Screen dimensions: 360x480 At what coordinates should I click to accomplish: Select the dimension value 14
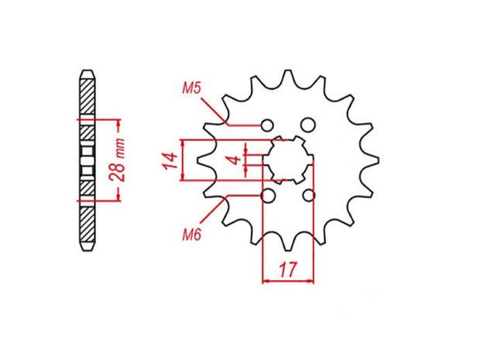tap(170, 161)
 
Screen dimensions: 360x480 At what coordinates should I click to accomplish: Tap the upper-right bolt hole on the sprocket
tap(308, 125)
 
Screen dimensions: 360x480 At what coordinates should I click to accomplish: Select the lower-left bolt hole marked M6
tap(268, 196)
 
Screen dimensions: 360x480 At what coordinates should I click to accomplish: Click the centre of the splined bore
tap(288, 160)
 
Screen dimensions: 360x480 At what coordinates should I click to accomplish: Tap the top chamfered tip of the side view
tap(87, 74)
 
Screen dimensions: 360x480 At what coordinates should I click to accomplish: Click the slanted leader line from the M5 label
tap(217, 111)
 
